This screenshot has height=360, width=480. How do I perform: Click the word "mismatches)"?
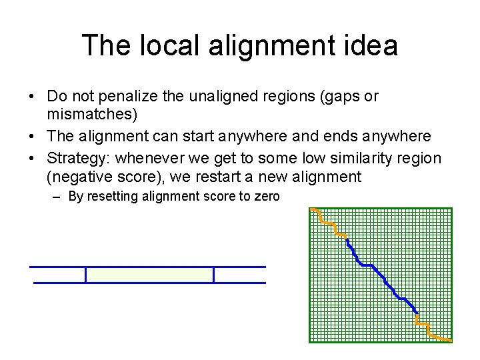pyautogui.click(x=92, y=115)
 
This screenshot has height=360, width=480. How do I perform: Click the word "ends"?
pyautogui.click(x=339, y=137)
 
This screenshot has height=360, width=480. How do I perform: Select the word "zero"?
pyautogui.click(x=266, y=197)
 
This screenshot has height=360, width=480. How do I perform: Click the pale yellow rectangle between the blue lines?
pyautogui.click(x=149, y=275)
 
